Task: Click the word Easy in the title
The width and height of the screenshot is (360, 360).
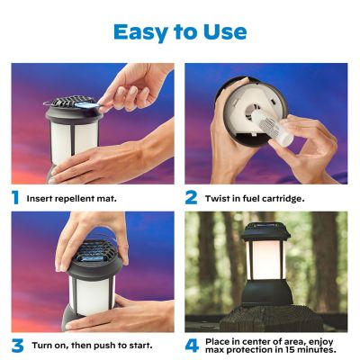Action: tap(139, 31)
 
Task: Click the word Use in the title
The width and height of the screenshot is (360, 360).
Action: tap(221, 31)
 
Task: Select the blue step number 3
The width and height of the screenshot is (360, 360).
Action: tap(15, 346)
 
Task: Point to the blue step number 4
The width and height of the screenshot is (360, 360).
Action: tap(191, 346)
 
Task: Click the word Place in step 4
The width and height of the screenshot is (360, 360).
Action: tap(221, 340)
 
